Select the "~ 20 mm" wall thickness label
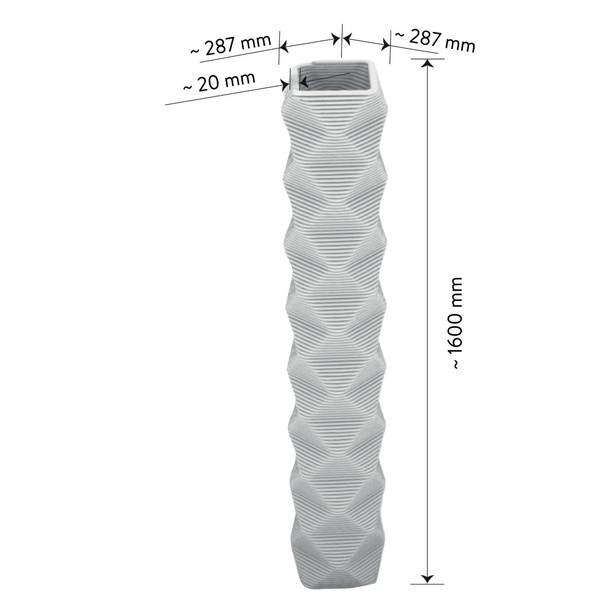point(219,82)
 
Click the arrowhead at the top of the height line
point(428,64)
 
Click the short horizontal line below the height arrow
point(428,583)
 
